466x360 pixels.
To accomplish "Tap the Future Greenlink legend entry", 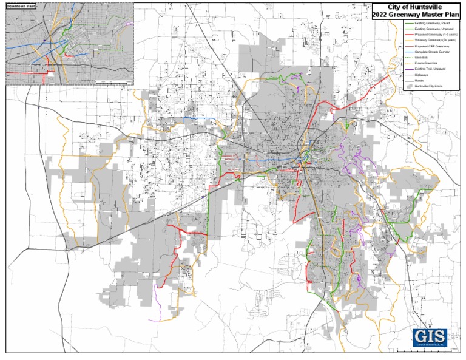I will (428, 63).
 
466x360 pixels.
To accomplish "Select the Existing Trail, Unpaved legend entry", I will (433, 69).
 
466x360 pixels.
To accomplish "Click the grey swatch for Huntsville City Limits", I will (409, 86).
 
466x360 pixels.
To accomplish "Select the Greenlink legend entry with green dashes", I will (422, 58).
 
